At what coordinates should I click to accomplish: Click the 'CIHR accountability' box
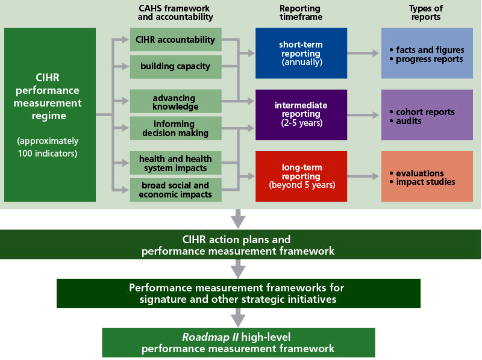click(175, 40)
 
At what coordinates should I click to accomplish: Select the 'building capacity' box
click(175, 66)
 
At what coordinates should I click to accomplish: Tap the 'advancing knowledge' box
click(175, 102)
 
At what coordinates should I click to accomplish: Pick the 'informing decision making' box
click(175, 128)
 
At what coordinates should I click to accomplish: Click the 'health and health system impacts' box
click(175, 163)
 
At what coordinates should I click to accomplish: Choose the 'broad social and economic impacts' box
click(175, 190)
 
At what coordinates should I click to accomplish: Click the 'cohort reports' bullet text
click(425, 112)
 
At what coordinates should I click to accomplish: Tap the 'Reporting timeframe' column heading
click(301, 13)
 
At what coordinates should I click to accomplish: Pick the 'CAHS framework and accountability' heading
click(175, 13)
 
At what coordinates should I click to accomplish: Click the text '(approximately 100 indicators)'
click(48, 147)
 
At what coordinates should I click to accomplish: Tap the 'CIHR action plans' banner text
click(240, 240)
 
